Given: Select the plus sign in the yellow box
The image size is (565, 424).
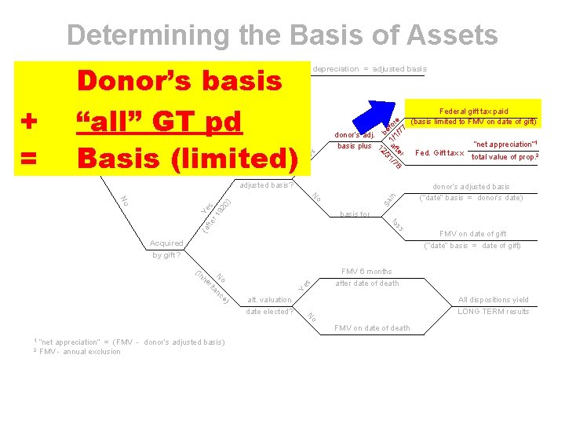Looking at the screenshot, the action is pos(29,122).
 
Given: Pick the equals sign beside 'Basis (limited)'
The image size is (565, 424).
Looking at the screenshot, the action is pos(29,158).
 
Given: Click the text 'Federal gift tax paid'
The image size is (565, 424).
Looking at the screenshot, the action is pos(475,111).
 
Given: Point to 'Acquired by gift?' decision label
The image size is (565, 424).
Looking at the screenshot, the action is pos(166,249).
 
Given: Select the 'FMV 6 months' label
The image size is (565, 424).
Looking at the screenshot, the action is pos(366,271).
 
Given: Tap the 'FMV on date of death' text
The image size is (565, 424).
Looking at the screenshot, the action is pos(372,327).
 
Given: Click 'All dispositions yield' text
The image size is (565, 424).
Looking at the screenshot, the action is pos(494,299).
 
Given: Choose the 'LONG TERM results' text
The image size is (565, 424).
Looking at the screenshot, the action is pos(494,312).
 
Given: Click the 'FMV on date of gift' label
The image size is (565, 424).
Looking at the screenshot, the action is pos(473,233).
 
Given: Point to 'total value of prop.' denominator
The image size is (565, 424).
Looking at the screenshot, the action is pos(503,157).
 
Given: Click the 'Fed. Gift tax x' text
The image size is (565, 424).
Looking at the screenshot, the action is pos(439,152).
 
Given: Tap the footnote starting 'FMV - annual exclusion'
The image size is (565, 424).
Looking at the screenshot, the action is pos(80,351).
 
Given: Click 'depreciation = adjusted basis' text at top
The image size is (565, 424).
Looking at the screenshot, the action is pos(370,69).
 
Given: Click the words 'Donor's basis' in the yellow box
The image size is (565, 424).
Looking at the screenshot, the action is pos(178,82).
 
